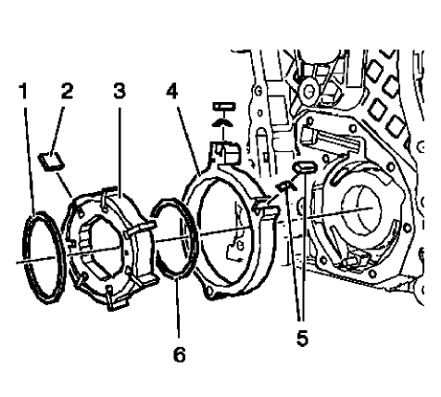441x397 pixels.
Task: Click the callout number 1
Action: [23, 92]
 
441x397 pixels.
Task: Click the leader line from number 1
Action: [28, 158]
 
